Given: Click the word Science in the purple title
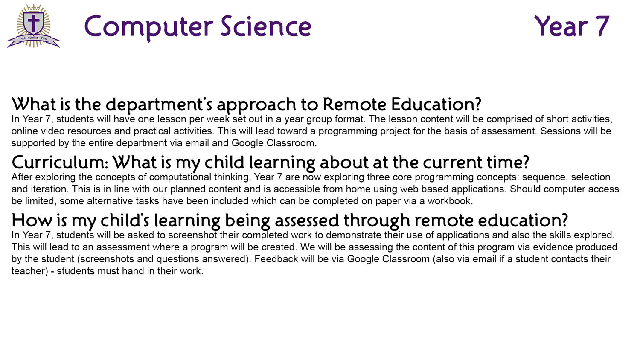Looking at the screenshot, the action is click(x=266, y=26).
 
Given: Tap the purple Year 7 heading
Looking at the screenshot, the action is click(x=572, y=26).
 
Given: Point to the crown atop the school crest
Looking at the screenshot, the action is click(x=34, y=7).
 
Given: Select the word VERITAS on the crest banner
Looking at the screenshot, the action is click(x=33, y=38).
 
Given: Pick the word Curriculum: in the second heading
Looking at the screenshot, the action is click(x=60, y=162).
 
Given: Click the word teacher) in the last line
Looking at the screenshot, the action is click(x=30, y=271).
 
